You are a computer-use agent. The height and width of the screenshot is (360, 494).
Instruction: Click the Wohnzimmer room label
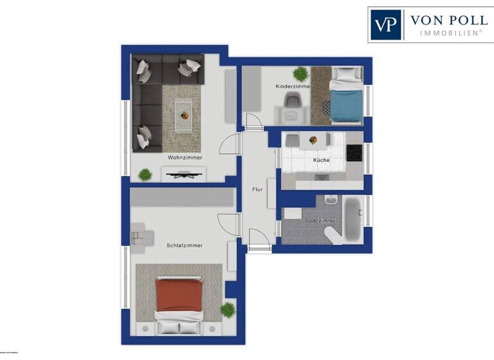pos(185,157)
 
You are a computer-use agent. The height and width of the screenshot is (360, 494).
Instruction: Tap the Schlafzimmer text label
pos(185,246)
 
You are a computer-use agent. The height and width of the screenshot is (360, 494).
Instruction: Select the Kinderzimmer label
pos(293,86)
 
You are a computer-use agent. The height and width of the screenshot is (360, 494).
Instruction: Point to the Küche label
pos(321,159)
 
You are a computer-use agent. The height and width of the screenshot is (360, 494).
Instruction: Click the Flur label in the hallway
pos(257,189)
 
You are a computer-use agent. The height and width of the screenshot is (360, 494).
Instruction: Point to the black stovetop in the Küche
pos(354,153)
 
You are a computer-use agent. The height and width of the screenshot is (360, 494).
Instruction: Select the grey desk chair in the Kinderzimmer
pos(293,101)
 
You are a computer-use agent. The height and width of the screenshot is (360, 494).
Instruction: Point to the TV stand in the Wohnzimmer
pos(184,172)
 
